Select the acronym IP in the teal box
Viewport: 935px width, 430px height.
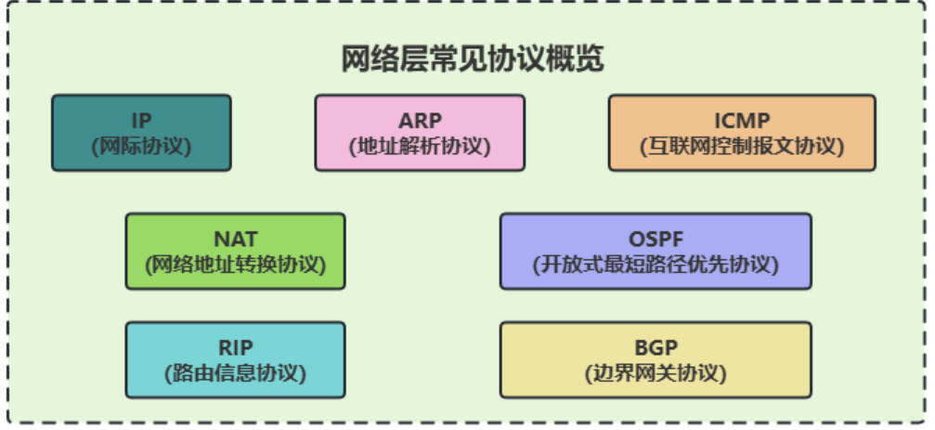pos(141,121)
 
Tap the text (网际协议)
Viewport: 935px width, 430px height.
pos(141,146)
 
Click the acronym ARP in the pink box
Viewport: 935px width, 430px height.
pos(420,121)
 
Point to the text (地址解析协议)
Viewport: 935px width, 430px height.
pos(420,146)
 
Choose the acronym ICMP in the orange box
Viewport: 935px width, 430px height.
pos(742,121)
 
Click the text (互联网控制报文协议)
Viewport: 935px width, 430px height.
pos(742,146)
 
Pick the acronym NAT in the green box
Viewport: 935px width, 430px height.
pos(235,240)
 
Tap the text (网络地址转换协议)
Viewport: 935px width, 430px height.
pos(235,264)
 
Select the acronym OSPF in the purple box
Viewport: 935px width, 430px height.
pos(656,240)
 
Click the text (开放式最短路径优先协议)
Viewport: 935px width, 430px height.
pos(656,264)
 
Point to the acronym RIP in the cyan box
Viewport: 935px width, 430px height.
pos(235,348)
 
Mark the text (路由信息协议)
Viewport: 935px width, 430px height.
pos(235,373)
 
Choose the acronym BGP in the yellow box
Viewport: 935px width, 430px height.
pos(656,348)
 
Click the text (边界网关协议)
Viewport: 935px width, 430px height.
pos(656,373)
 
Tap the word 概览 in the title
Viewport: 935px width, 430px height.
pos(577,59)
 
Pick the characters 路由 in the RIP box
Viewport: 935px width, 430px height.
pos(192,373)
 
